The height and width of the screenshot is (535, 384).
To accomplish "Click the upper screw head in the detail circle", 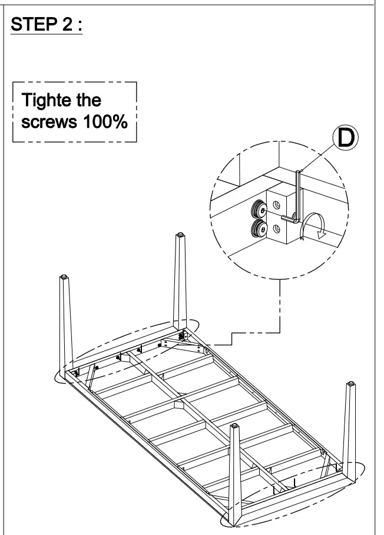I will pyautogui.click(x=259, y=209).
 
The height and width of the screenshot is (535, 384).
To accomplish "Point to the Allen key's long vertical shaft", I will pyautogui.click(x=297, y=194).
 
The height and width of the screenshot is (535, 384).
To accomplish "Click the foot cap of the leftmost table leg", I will pyautogui.click(x=63, y=277).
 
